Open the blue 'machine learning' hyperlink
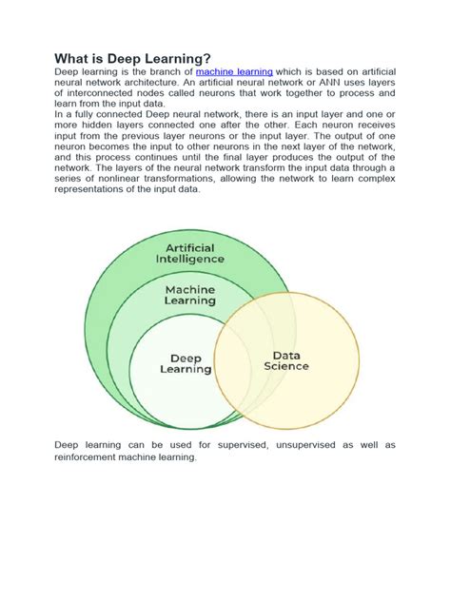point(235,71)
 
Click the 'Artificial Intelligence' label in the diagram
point(190,253)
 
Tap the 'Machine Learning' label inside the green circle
point(190,294)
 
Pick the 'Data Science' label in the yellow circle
point(285,359)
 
